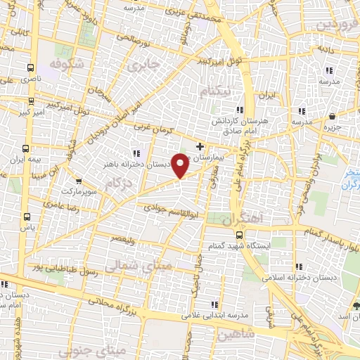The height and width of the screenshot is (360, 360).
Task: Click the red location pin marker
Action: (x=181, y=165)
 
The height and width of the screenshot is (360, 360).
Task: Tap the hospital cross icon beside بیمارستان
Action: (x=200, y=147)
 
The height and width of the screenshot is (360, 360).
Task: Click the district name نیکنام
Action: (x=214, y=92)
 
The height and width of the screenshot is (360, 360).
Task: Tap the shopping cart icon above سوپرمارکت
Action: (x=77, y=181)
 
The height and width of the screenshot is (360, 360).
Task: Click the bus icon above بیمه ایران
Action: (x=26, y=149)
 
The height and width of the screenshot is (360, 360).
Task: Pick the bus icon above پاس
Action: (x=27, y=217)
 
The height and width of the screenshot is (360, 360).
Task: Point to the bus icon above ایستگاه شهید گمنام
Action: (x=239, y=235)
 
